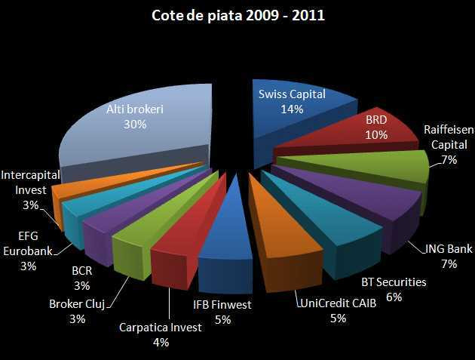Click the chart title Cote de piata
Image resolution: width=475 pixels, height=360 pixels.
point(237,15)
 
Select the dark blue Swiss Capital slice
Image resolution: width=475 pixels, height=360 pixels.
point(294,113)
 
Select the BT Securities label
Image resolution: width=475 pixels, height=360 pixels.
point(393,282)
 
